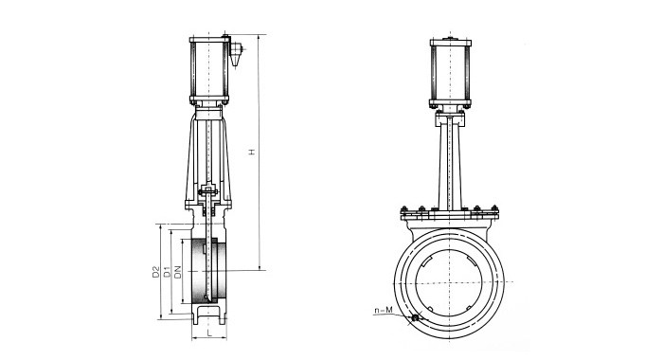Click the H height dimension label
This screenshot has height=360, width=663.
tap(252, 152)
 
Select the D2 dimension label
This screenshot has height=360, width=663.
tap(155, 272)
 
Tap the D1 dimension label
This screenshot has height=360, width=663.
tap(167, 272)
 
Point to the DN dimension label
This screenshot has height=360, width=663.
tap(178, 272)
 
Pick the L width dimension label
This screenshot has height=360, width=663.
tap(209, 333)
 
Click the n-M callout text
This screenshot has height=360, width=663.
tap(384, 311)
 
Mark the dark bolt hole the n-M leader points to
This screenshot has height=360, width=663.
tap(415, 317)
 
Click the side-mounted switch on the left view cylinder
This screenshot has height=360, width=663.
tap(236, 53)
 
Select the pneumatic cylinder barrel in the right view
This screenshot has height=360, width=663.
tap(450, 73)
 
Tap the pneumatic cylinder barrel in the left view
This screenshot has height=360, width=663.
tap(209, 69)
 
